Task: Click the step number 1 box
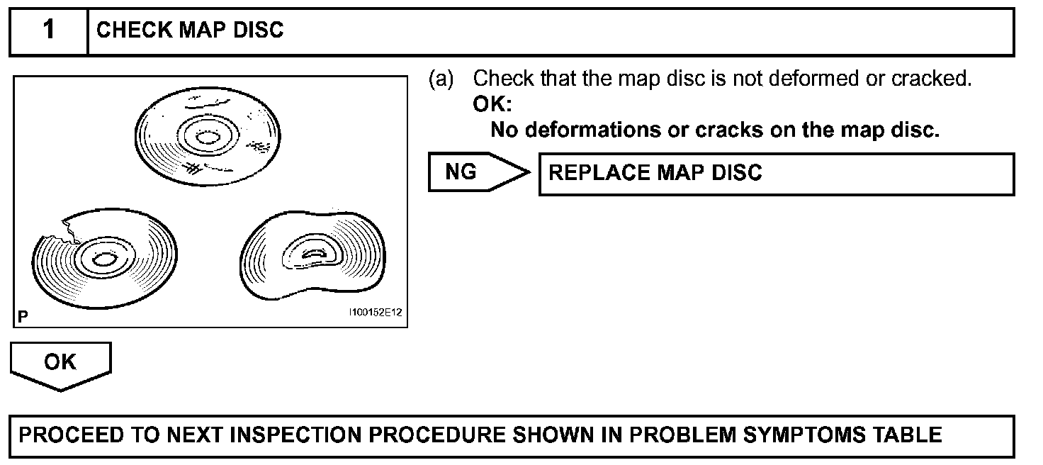(x=48, y=30)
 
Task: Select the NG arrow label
(x=462, y=172)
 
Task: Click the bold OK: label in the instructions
(x=492, y=104)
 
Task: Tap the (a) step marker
(x=441, y=79)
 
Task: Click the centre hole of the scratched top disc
(x=208, y=136)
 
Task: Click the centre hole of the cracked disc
(x=103, y=259)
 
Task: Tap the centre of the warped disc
(x=312, y=253)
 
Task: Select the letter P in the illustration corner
(x=23, y=317)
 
